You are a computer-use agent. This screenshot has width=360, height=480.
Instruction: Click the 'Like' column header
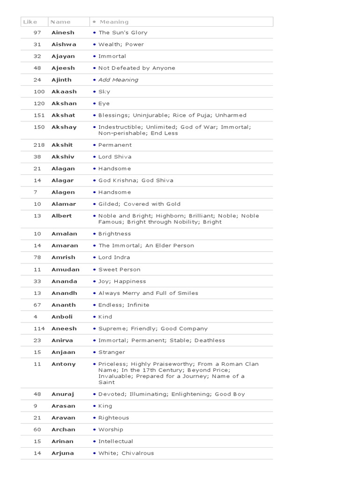pos(30,22)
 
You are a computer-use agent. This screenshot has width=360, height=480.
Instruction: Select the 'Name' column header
pos(60,22)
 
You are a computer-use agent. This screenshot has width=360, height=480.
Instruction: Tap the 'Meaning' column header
pos(114,22)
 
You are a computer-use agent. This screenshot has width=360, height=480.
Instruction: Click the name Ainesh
pos(62,33)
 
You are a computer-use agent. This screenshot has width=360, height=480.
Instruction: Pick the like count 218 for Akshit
pos(39,145)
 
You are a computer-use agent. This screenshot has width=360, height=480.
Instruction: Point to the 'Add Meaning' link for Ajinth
pos(118,80)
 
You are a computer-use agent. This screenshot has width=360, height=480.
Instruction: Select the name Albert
pos(62,216)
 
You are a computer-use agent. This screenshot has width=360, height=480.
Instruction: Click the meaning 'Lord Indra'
pos(114,257)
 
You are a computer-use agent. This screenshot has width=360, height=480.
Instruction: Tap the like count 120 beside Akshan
pos(39,104)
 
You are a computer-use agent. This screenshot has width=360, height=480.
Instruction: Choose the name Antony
pos(63,364)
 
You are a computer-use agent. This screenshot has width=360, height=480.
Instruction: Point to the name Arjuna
pos(63,453)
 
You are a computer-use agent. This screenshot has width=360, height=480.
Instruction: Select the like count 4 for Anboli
pos(36,317)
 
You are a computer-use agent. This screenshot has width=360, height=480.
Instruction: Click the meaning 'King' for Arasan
pos(105,406)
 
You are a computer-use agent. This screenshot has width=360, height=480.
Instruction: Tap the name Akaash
pos(64,92)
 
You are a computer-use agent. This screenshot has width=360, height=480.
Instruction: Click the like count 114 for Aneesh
pos(39,329)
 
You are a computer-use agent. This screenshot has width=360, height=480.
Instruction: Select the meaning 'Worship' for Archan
pos(111,429)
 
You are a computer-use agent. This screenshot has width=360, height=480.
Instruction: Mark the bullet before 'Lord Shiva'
pos(95,157)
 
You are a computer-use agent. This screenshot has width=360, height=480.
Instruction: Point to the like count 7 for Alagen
pos(36,192)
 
